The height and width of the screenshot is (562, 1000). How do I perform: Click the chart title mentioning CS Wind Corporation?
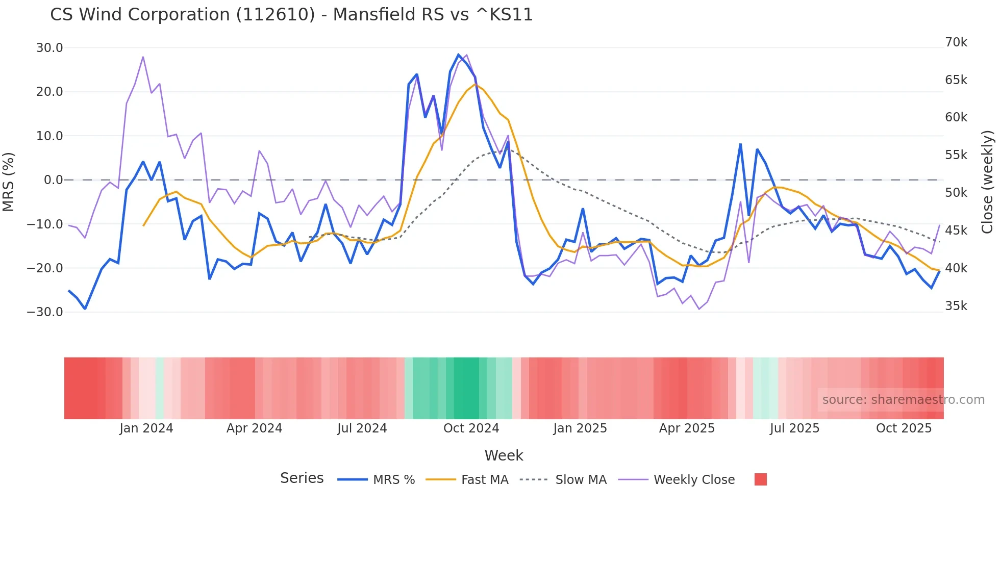pyautogui.click(x=291, y=15)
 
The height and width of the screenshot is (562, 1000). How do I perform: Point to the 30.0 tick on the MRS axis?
pyautogui.click(x=49, y=48)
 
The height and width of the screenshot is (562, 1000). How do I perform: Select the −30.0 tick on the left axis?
pyautogui.click(x=45, y=312)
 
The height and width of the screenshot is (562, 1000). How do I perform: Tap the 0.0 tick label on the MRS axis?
pyautogui.click(x=53, y=180)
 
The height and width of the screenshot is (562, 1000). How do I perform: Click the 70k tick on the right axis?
pyautogui.click(x=956, y=42)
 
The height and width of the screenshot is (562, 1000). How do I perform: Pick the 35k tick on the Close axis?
pyautogui.click(x=956, y=306)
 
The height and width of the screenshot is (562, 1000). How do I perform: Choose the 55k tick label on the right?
pyautogui.click(x=956, y=155)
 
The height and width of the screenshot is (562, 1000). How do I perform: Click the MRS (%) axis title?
pyautogui.click(x=9, y=182)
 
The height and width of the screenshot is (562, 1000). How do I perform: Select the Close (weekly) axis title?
pyautogui.click(x=988, y=182)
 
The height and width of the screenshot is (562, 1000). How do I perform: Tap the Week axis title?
pyautogui.click(x=504, y=455)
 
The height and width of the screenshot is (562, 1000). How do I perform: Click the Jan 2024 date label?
pyautogui.click(x=146, y=428)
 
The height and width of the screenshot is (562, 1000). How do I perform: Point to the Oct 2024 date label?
pyautogui.click(x=471, y=428)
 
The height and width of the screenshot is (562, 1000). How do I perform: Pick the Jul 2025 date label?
pyautogui.click(x=794, y=428)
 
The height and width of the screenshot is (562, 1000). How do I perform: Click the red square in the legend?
pyautogui.click(x=760, y=479)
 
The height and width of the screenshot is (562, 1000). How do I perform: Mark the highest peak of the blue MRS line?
pyautogui.click(x=458, y=55)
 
